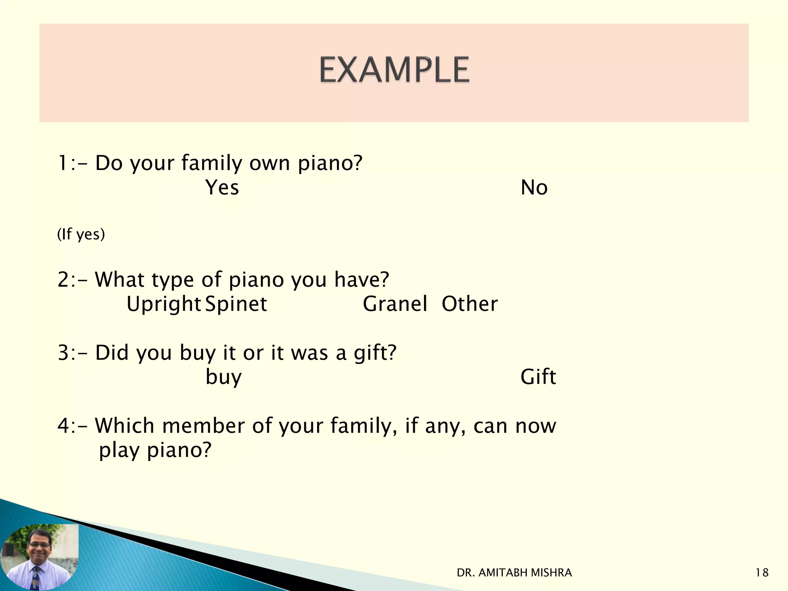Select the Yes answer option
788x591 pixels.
(x=222, y=188)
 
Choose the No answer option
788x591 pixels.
(x=534, y=188)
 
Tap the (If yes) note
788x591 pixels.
(x=81, y=234)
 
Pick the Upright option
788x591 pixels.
(x=164, y=304)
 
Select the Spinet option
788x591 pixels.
(x=236, y=304)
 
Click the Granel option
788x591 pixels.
(x=395, y=304)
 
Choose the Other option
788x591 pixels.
(x=469, y=304)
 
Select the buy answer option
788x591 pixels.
(x=224, y=377)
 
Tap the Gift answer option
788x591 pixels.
(x=538, y=377)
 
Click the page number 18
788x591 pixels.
(x=762, y=573)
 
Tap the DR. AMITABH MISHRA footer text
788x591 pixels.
(x=514, y=573)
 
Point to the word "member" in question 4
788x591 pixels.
(x=204, y=426)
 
